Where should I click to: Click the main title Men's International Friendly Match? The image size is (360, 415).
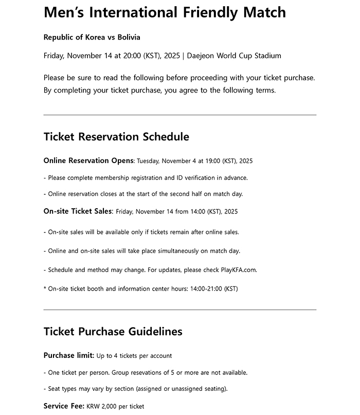(x=165, y=12)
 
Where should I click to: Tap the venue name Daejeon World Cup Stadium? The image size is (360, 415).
(x=234, y=56)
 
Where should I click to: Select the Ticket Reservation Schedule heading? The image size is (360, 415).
(x=116, y=137)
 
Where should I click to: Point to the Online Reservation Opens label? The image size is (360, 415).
(x=88, y=160)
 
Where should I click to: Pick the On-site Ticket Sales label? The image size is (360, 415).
(x=78, y=211)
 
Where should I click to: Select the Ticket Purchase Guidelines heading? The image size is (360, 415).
(x=113, y=332)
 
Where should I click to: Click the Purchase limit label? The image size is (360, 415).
(x=69, y=355)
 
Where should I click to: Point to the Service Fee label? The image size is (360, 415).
(x=64, y=406)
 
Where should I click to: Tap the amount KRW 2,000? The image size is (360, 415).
(x=102, y=406)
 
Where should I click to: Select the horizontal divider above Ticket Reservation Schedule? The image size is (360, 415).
(x=180, y=115)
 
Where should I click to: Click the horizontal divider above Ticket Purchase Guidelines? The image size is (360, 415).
(x=180, y=310)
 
